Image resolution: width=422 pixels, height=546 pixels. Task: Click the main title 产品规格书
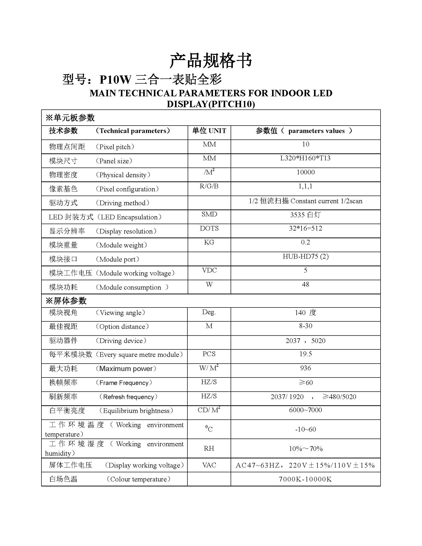211,61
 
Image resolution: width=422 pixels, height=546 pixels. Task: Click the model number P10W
115,80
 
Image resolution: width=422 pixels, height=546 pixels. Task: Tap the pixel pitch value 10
306,144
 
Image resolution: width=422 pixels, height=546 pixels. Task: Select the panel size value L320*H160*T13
305,158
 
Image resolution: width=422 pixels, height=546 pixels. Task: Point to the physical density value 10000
306,172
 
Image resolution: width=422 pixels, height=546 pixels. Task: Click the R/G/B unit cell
209,186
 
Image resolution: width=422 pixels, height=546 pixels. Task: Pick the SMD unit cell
209,214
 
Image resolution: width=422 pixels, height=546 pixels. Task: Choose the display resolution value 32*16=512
306,228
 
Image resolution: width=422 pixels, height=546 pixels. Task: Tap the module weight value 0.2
306,242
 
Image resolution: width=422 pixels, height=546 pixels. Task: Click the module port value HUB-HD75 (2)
306,256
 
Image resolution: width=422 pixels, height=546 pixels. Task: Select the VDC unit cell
209,270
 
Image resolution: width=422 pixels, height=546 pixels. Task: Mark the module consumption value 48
306,284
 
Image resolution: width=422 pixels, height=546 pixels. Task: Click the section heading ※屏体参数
66,301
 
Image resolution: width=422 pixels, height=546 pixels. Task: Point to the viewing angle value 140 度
306,313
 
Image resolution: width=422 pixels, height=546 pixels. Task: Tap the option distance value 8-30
306,326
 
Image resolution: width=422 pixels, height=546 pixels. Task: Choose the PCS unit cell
209,354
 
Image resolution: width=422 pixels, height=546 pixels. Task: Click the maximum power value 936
306,368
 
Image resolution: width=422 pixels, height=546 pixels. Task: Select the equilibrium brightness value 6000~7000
306,410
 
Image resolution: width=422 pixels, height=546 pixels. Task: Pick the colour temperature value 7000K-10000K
305,479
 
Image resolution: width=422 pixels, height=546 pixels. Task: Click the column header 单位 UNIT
209,131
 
